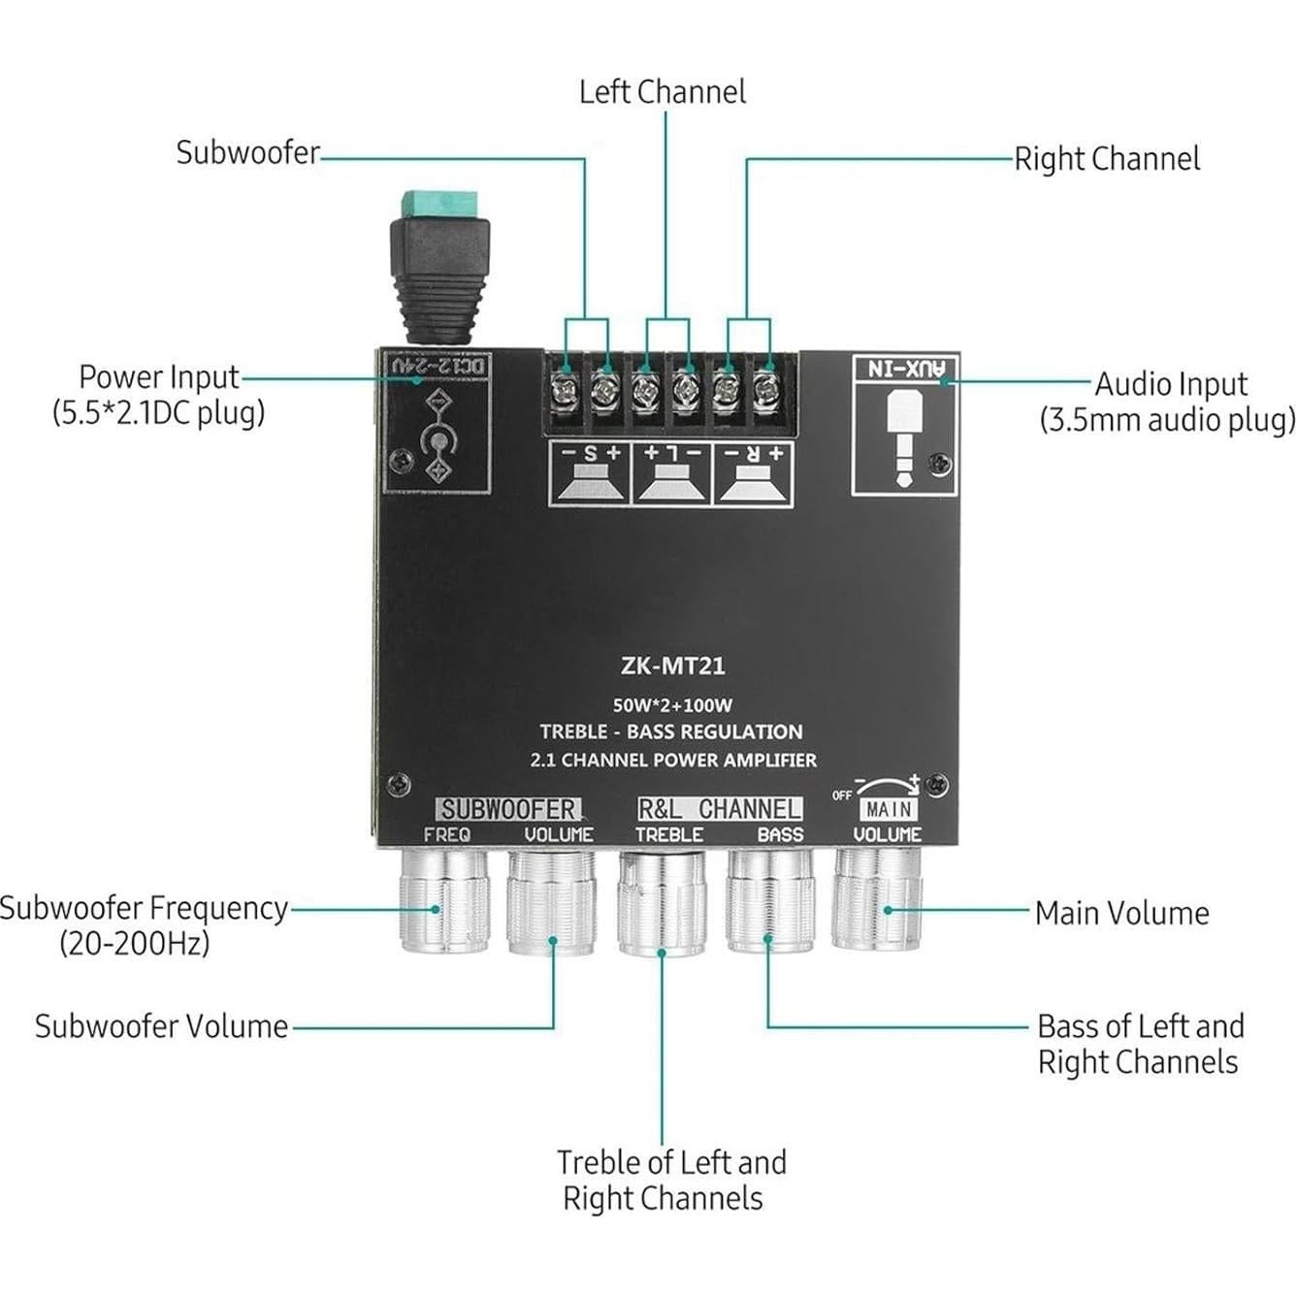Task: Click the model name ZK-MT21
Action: [672, 666]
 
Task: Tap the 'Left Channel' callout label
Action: [663, 92]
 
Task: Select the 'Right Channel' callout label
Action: [1107, 159]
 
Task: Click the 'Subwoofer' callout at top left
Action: [247, 152]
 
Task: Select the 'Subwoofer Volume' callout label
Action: [161, 1026]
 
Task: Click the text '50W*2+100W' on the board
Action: [672, 705]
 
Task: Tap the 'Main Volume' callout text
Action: [1121, 913]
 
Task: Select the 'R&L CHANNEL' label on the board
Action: [719, 809]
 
